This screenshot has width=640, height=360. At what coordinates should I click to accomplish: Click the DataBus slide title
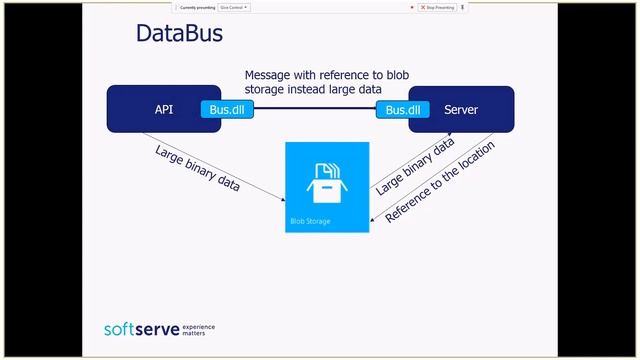[x=178, y=35]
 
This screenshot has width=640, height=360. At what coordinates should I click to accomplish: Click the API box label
[x=164, y=110]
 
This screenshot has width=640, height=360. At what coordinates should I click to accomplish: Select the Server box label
[x=461, y=110]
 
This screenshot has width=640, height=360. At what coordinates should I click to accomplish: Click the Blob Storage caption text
[x=310, y=221]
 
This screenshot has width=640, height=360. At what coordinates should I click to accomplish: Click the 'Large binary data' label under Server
[x=414, y=166]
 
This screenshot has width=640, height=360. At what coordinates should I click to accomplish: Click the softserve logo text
[x=140, y=329]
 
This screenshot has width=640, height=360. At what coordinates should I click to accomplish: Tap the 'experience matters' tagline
[x=198, y=329]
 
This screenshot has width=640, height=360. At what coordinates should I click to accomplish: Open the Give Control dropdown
[x=234, y=7]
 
